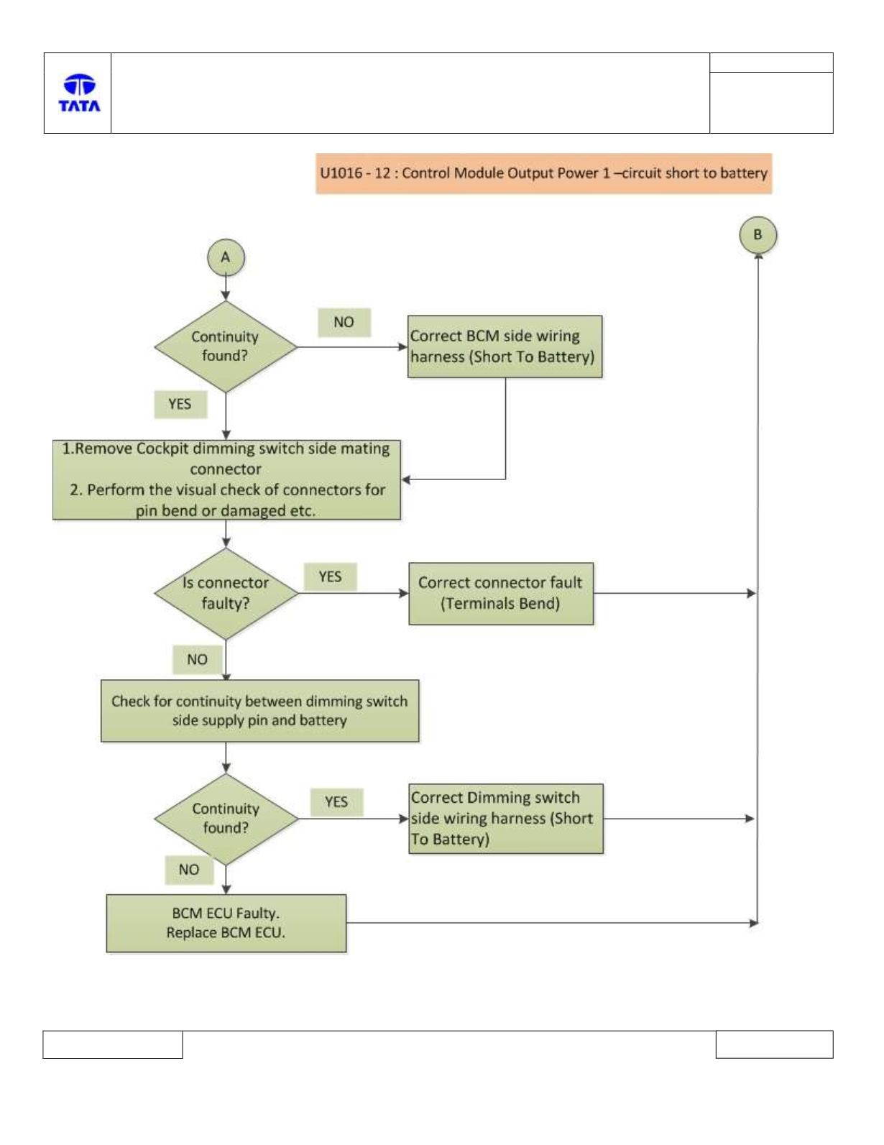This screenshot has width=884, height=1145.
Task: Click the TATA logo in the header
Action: [79, 93]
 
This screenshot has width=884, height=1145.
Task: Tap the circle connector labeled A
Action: [226, 257]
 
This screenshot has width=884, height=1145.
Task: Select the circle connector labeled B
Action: [758, 235]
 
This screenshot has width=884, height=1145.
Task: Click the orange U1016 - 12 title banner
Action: [543, 173]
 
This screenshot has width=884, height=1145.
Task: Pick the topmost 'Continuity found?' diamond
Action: [226, 346]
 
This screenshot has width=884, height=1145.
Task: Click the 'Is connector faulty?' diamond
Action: [226, 593]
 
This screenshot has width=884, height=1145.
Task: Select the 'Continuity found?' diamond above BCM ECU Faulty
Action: [226, 818]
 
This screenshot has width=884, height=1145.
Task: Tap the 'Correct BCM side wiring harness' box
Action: [505, 346]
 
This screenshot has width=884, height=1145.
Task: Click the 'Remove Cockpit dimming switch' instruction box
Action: [226, 479]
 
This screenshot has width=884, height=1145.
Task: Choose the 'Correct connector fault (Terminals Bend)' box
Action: [501, 593]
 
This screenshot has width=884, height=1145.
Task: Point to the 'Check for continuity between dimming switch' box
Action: [259, 710]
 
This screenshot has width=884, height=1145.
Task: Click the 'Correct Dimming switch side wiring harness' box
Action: [506, 818]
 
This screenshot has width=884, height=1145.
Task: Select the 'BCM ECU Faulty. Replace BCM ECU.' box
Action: [226, 923]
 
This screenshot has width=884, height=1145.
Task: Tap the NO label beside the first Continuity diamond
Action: [344, 322]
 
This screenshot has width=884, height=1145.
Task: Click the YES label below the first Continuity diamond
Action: [180, 404]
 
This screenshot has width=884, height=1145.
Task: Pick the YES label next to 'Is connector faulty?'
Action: [331, 576]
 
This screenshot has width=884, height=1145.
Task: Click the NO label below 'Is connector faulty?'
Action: [198, 659]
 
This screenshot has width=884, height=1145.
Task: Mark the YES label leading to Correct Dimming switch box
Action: [336, 802]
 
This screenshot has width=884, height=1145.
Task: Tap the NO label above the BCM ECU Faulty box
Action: [189, 870]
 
